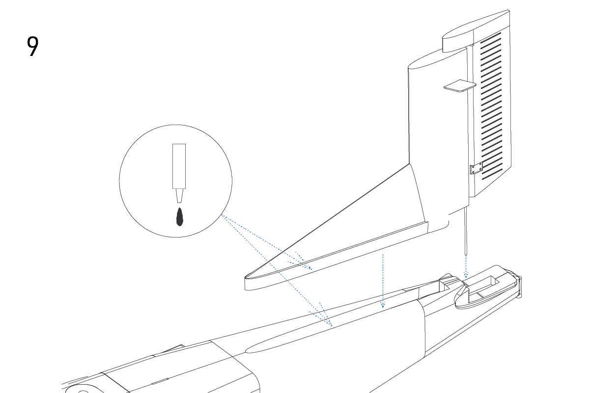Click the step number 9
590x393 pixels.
(32, 46)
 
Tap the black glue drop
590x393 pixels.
(180, 217)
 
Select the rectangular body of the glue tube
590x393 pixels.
(179, 166)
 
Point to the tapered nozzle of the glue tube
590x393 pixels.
(179, 196)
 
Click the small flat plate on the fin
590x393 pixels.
(460, 86)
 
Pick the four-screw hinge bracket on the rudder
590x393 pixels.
(477, 168)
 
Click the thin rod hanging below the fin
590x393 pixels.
(466, 231)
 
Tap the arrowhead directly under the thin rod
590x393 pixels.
(466, 275)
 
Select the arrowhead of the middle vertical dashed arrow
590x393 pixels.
(383, 305)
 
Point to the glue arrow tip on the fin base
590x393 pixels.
(311, 269)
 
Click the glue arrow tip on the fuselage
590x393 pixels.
(331, 325)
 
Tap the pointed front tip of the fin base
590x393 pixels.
(246, 278)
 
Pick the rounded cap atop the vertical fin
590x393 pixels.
(476, 31)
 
